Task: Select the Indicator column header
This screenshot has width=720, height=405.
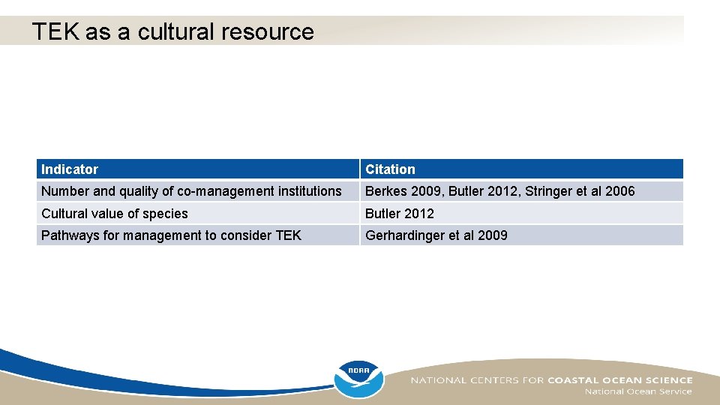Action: [x=70, y=169]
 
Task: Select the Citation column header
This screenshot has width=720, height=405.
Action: [x=390, y=169]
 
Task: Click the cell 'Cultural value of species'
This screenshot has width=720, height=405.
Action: [x=115, y=214]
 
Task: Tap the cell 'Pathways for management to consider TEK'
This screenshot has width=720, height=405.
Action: [x=171, y=235]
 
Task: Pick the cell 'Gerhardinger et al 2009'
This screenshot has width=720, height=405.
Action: [x=436, y=235]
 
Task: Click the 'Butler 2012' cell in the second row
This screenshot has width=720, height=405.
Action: [x=399, y=214]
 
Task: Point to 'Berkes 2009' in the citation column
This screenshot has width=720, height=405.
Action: [x=403, y=191]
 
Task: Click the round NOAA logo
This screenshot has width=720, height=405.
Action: [x=358, y=379]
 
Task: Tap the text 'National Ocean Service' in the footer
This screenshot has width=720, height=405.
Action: [x=638, y=391]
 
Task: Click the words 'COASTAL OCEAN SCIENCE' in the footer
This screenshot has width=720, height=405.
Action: [x=620, y=380]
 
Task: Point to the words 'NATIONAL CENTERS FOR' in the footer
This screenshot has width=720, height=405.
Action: [x=476, y=380]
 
